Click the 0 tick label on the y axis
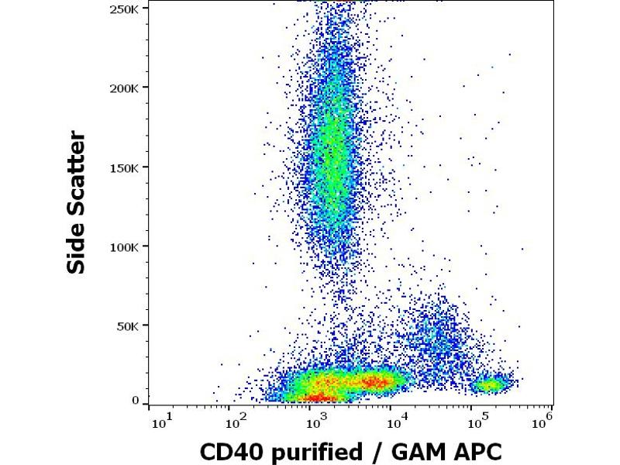tap(136, 401)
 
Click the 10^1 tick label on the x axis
tap(161, 422)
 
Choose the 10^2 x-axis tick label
tap(235, 422)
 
